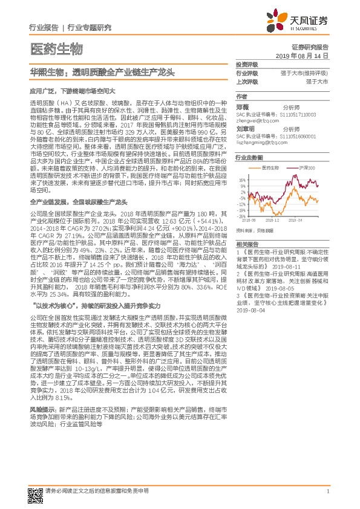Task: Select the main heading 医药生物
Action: (x=55, y=48)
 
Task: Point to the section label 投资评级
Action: (x=247, y=64)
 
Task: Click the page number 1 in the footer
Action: (x=327, y=491)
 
